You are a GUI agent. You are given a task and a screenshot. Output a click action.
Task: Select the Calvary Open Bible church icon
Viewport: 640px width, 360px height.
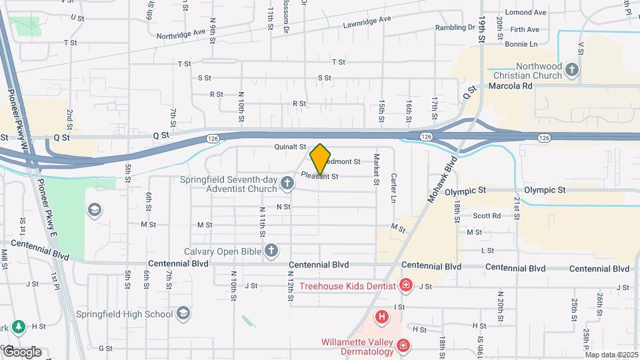tap(271, 251)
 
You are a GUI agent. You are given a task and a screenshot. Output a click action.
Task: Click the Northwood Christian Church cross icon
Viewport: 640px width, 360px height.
tap(571, 69)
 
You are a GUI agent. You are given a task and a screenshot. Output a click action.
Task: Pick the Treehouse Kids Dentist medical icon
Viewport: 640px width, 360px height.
tap(405, 286)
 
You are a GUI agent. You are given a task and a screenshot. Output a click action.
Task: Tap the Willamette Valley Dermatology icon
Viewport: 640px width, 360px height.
tap(403, 345)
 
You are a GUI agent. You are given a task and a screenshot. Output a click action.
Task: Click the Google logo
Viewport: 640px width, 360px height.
tap(22, 351)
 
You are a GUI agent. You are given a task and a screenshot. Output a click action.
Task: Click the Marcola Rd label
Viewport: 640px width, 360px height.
tap(510, 86)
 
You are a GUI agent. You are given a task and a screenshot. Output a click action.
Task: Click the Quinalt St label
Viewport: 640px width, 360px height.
tap(289, 147)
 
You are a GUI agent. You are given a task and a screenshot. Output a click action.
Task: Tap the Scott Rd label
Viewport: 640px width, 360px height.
tap(487, 215)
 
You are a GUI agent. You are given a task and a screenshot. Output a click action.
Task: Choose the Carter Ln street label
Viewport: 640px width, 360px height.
tap(394, 189)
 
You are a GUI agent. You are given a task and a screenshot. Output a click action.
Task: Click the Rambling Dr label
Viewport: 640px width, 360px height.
tap(454, 28)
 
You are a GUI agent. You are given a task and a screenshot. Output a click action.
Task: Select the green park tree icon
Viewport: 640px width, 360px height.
tap(19, 327)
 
